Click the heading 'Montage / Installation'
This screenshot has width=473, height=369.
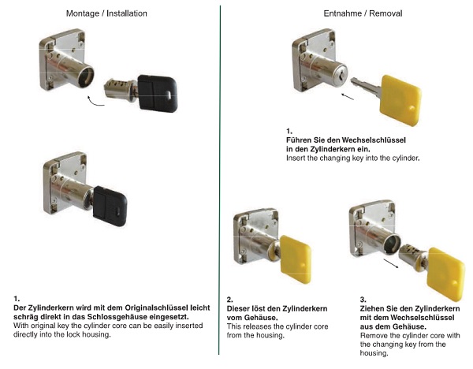106,13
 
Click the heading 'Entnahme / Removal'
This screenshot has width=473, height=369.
363,13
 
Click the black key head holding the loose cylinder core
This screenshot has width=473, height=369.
158,93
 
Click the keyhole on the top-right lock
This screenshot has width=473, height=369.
340,76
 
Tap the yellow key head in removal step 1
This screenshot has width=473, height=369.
401,100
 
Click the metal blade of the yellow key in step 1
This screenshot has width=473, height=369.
366,85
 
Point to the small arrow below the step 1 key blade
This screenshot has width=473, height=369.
347,96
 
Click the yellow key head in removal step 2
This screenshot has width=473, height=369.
296,259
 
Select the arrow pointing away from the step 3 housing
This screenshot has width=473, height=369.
391,263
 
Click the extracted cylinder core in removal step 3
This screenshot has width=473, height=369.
412,256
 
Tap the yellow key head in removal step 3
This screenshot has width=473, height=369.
445,274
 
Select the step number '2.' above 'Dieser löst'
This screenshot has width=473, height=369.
230,300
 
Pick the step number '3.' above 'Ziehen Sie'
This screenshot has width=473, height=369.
363,300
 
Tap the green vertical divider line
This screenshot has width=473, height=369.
220,180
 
